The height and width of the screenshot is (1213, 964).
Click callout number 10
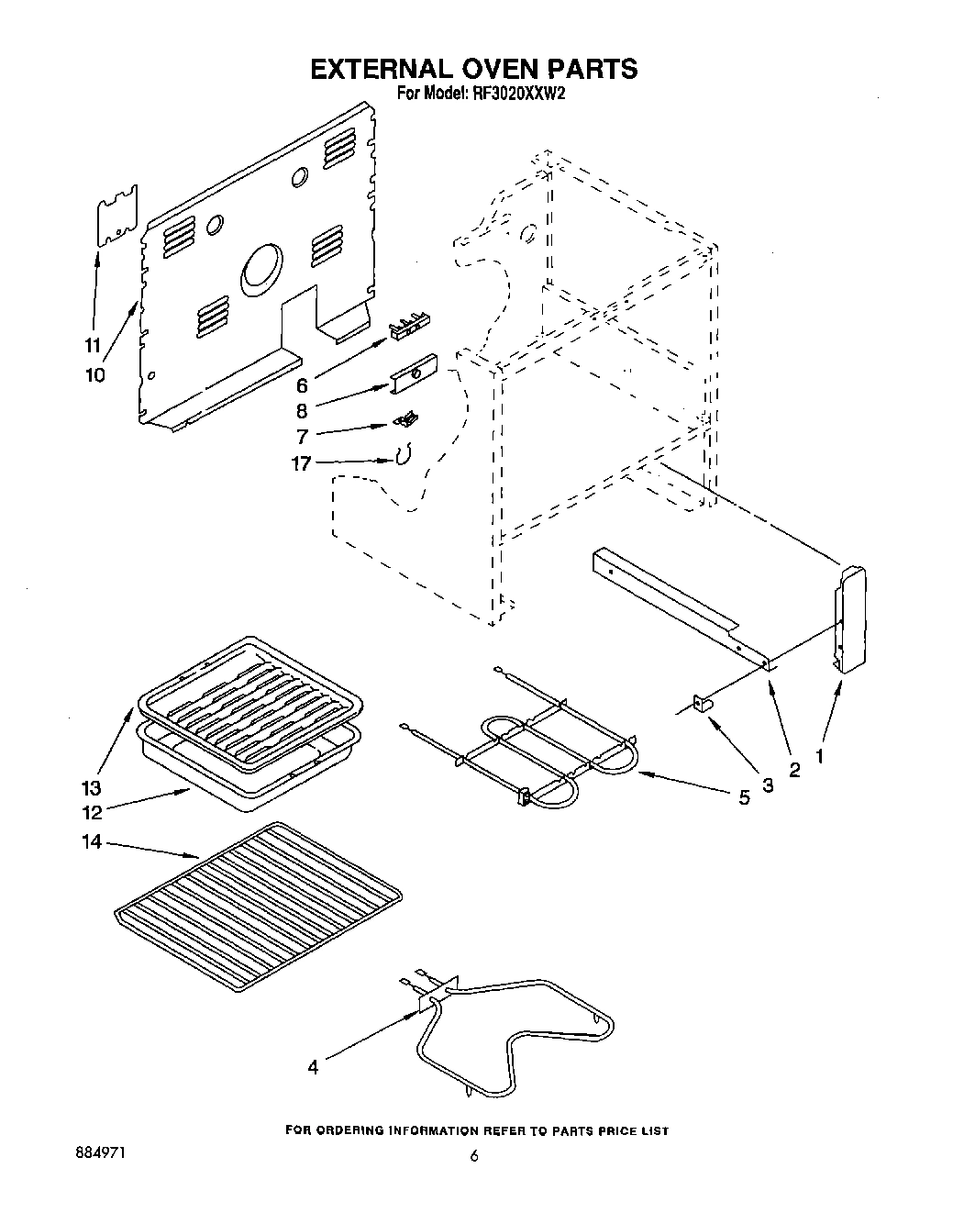tap(94, 374)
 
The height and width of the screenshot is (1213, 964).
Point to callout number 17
tap(301, 463)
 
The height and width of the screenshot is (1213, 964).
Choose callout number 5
tap(745, 798)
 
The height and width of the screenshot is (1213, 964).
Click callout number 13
tap(91, 788)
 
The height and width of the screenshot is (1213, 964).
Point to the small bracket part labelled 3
tap(704, 703)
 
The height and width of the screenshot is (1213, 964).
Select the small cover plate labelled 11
tap(116, 217)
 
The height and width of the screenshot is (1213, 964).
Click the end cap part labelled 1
tap(850, 619)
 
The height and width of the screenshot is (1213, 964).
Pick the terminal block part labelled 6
tap(409, 327)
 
